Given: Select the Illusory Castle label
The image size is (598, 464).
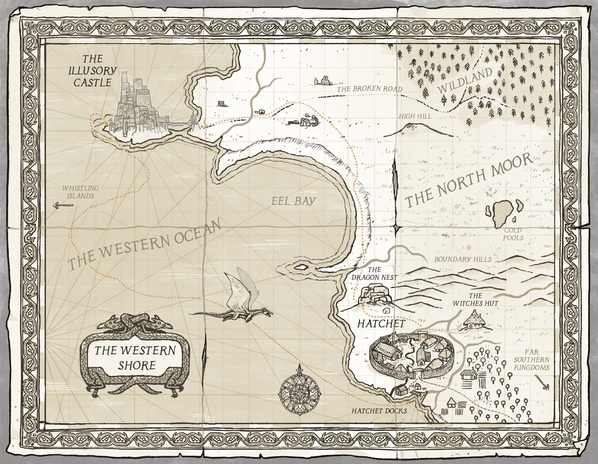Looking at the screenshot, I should pos(92,70).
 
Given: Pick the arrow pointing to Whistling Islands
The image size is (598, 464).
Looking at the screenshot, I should pos(63,205).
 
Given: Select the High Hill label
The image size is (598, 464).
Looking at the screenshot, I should pos(415,116).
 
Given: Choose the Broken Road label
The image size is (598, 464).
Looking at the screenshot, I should pos(369,89).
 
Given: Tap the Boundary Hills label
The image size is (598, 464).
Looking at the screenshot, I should pos(463,259).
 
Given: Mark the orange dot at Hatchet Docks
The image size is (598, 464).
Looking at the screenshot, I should pos(407,403).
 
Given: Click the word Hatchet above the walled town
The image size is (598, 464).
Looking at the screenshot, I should pos(381,324).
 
